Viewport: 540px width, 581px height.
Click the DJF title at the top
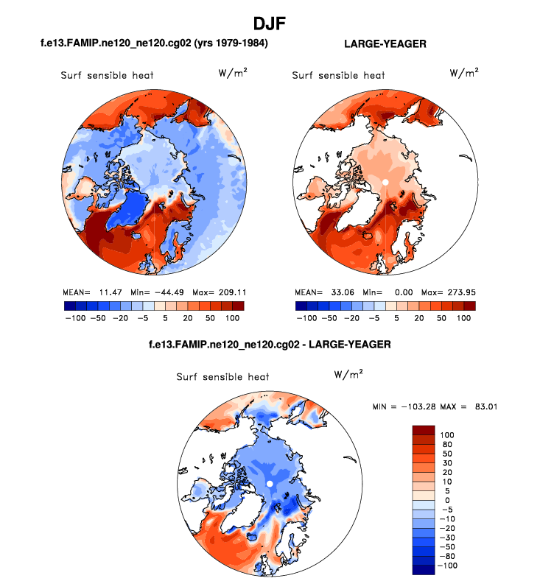270,24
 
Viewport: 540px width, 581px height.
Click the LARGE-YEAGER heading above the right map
385,44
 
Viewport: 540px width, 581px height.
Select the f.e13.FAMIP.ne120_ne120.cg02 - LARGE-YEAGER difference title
269,344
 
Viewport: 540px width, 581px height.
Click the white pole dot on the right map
385,181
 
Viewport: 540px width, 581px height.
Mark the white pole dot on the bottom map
270,482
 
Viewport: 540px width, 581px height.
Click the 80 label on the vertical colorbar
448,444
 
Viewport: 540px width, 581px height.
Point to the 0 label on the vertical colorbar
444,500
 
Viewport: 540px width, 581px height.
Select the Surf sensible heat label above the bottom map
222,376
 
